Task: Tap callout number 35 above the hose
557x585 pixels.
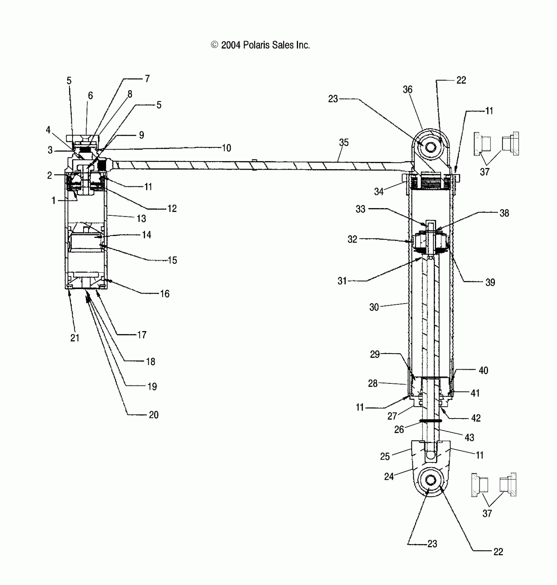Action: (344, 142)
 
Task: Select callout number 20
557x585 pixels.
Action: (153, 415)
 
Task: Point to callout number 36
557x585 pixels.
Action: (407, 89)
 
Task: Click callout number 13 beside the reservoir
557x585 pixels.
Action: (141, 218)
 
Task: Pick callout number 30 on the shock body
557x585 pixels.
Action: (374, 307)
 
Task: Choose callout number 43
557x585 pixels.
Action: (469, 437)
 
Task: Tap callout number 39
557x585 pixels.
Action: (490, 282)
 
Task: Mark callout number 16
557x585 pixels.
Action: (164, 294)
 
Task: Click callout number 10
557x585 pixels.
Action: (226, 148)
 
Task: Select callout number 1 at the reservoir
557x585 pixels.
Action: (54, 200)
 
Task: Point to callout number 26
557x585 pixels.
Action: (399, 429)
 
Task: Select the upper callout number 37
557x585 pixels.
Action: (485, 171)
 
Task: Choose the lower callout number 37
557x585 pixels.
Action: (487, 513)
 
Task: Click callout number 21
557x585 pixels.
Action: (75, 338)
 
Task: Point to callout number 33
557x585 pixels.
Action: (360, 209)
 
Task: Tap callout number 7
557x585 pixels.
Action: (147, 79)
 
